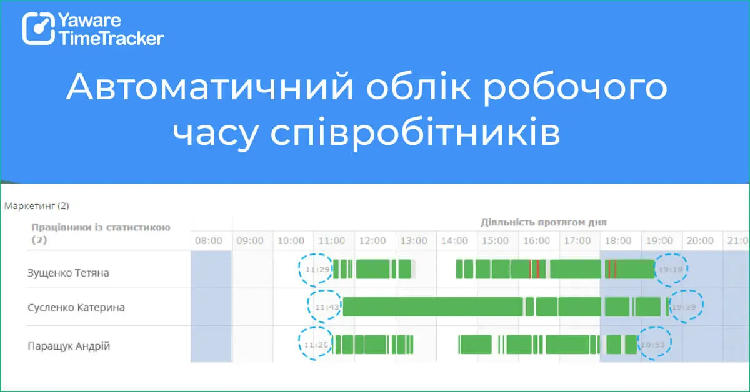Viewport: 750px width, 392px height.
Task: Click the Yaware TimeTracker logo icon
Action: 39,29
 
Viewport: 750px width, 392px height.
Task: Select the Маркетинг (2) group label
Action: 36,205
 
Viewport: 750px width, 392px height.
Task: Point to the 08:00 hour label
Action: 209,240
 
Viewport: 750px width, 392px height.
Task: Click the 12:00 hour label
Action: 373,240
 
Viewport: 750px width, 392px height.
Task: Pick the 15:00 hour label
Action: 496,240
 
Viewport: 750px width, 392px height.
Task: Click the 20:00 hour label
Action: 701,240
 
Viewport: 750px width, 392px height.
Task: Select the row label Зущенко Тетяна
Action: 68,273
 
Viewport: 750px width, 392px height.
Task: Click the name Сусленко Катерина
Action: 76,308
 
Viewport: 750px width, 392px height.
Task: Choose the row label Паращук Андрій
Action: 69,346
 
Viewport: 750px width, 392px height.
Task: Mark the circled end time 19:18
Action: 671,270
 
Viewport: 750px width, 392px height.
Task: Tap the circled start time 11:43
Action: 326,307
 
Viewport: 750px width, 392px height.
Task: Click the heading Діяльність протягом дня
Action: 544,222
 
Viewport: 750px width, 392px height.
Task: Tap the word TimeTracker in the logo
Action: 111,38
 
